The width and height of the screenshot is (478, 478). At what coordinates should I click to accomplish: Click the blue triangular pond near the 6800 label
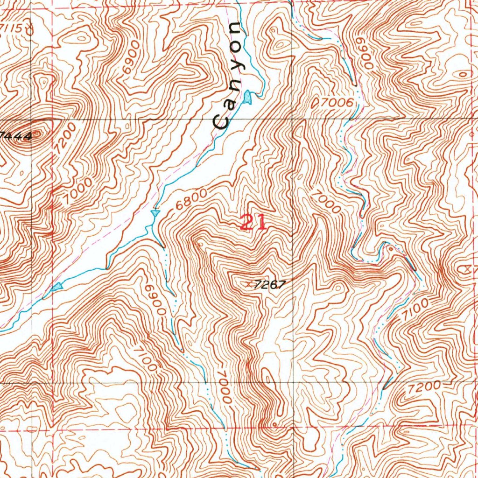[155, 213]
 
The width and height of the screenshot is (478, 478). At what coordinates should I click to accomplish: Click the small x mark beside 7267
[248, 283]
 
